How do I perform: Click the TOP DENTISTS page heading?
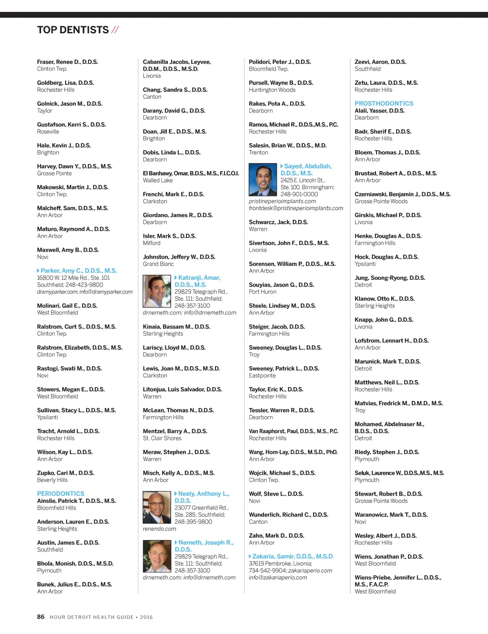[x=73, y=30]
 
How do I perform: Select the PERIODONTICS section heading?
[x=61, y=494]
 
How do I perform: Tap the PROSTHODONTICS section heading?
[x=384, y=103]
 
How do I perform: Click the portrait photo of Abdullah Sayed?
[x=263, y=179]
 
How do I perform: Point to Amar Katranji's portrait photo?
[x=157, y=291]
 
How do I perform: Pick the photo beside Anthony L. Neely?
[x=157, y=507]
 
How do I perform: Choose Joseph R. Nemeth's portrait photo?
[x=157, y=556]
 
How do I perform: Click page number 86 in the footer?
[x=41, y=617]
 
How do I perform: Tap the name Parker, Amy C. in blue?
[x=79, y=271]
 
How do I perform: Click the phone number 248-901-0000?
[x=299, y=194]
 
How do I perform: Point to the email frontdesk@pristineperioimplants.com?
[x=296, y=208]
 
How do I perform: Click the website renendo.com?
[x=160, y=529]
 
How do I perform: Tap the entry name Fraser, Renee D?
[x=67, y=62]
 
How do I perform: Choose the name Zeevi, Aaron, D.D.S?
[x=380, y=62]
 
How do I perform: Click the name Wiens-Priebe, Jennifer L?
[x=397, y=578]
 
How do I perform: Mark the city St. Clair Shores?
[x=162, y=438]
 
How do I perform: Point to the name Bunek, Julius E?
[x=74, y=584]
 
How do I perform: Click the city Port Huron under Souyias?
[x=263, y=292]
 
